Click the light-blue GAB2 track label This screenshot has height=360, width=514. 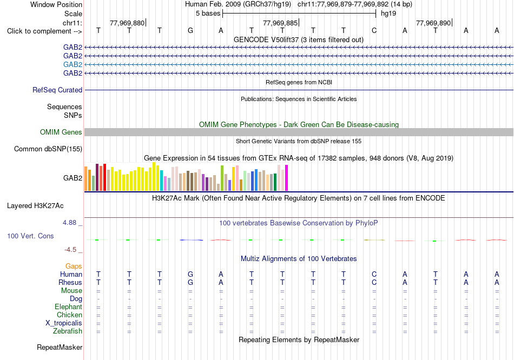[73, 64]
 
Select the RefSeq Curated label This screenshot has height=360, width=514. [57, 90]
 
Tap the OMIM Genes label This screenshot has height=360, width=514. [61, 132]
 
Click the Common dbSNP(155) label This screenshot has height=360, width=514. [48, 149]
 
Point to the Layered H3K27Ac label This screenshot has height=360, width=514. [35, 206]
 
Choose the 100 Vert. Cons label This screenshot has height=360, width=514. [30, 236]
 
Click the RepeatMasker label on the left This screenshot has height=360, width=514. [60, 347]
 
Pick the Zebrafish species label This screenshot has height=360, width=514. [68, 331]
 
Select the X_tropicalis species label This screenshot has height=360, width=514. [64, 323]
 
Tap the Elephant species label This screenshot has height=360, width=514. [69, 306]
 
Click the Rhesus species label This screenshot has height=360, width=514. [70, 282]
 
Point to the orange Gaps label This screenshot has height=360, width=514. [74, 266]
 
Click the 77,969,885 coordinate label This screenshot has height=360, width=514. [280, 23]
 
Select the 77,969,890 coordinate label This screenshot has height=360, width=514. [433, 23]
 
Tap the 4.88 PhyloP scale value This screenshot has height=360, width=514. [69, 223]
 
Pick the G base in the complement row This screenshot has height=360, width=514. [190, 31]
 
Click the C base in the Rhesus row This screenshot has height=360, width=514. [374, 282]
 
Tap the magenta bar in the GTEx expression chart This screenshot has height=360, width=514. [287, 178]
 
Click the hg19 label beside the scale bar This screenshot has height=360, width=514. [388, 14]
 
